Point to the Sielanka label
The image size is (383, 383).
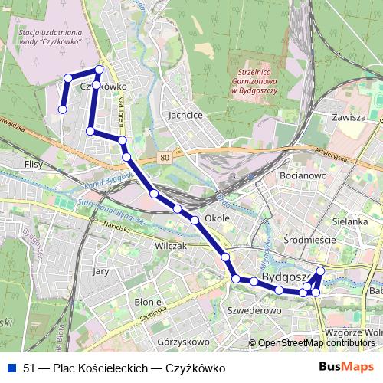(x=352, y=221)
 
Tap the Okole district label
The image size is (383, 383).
(x=218, y=218)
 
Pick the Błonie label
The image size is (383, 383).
(x=147, y=301)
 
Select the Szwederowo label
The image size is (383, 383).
(x=254, y=311)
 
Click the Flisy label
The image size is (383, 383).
(x=34, y=164)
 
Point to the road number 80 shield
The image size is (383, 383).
(x=165, y=158)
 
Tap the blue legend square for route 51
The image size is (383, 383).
(x=11, y=368)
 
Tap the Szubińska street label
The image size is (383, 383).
(x=153, y=314)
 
